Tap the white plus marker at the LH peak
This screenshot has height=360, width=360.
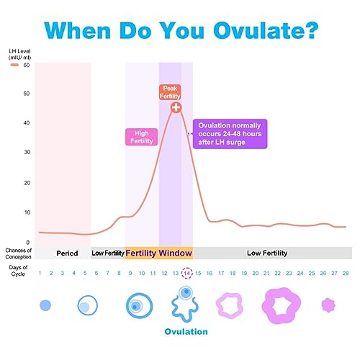tap(176, 107)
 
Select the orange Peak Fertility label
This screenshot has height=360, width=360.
tap(171, 92)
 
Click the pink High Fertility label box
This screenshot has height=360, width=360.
tap(142, 138)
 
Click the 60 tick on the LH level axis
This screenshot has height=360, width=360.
tap(26, 66)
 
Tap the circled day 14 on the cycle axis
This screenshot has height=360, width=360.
tap(187, 274)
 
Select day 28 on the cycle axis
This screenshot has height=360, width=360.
tap(346, 274)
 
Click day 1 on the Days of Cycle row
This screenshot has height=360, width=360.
tap(40, 274)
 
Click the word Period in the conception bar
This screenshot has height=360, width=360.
tap(67, 253)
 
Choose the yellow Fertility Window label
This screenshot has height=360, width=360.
tap(158, 253)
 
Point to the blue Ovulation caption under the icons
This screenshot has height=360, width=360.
tap(186, 332)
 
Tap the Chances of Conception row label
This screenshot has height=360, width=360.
tap(18, 253)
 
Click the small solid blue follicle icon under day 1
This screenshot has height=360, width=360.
tap(45, 305)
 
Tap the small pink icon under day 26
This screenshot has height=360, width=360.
tap(328, 305)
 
